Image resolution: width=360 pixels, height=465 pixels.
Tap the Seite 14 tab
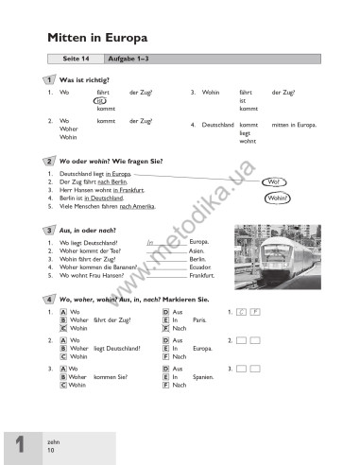point(75,60)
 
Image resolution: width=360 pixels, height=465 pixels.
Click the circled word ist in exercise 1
point(100,101)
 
